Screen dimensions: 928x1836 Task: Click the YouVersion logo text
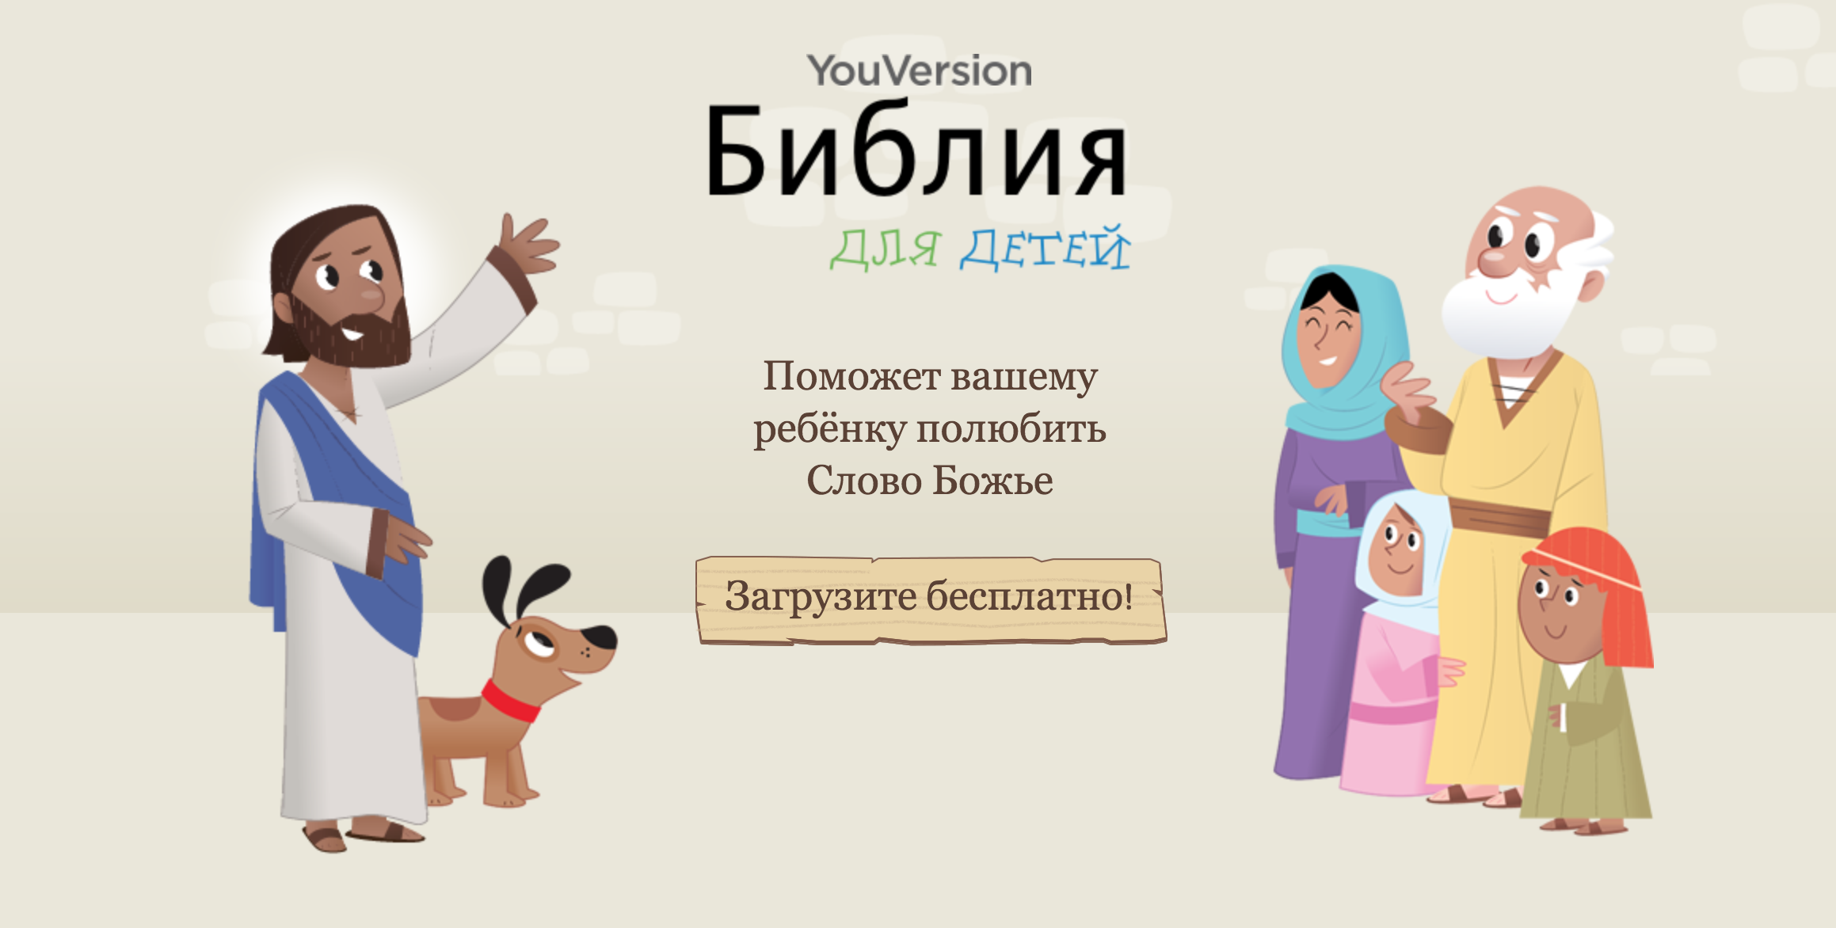919,71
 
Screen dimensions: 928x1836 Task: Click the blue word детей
1045,249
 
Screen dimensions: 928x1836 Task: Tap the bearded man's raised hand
527,242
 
